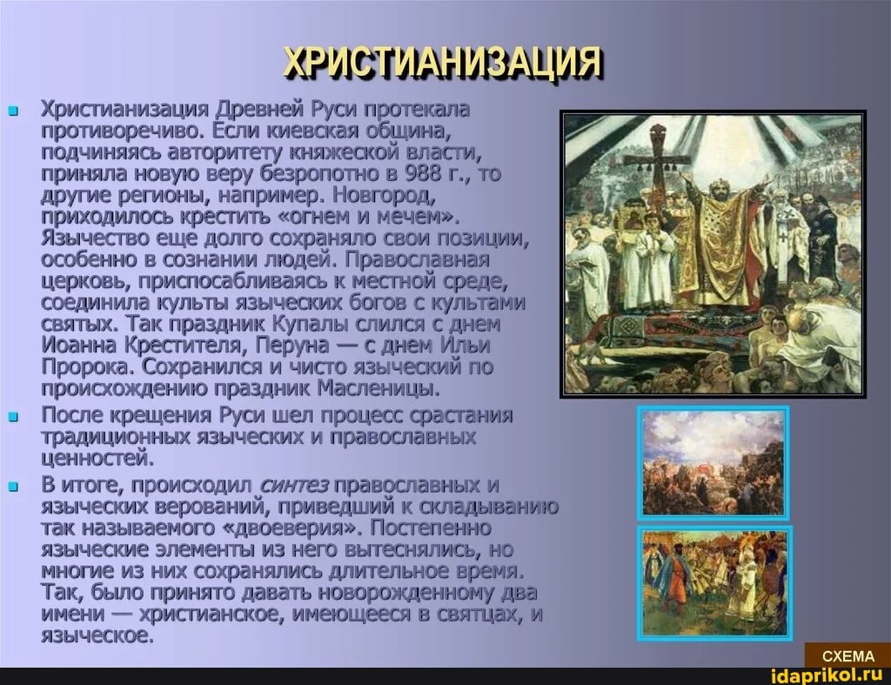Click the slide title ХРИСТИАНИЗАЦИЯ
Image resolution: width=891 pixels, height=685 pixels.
click(443, 62)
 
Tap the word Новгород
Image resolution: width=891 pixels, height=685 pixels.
click(385, 195)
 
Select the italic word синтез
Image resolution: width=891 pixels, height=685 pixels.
click(293, 486)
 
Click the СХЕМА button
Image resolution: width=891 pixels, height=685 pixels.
click(847, 656)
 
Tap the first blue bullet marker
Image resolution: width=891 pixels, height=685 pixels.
click(14, 111)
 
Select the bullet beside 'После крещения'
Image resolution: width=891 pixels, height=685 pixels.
click(14, 417)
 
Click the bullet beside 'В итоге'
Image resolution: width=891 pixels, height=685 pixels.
click(14, 487)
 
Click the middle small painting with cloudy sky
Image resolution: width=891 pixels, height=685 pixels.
click(713, 463)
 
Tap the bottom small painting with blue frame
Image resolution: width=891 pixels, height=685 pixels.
click(715, 583)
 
